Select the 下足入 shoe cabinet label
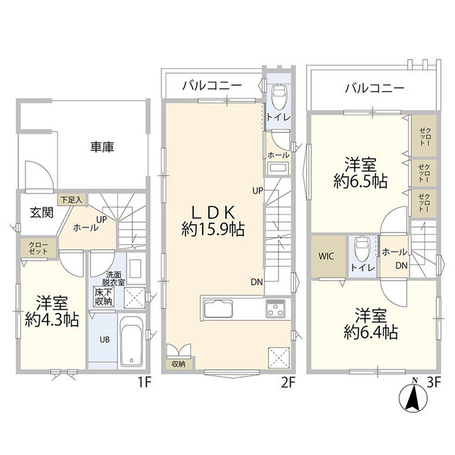[71, 200]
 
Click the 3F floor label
[433, 383]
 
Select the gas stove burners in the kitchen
[275, 309]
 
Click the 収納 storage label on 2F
[178, 364]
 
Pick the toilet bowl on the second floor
[278, 95]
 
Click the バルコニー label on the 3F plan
[375, 90]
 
